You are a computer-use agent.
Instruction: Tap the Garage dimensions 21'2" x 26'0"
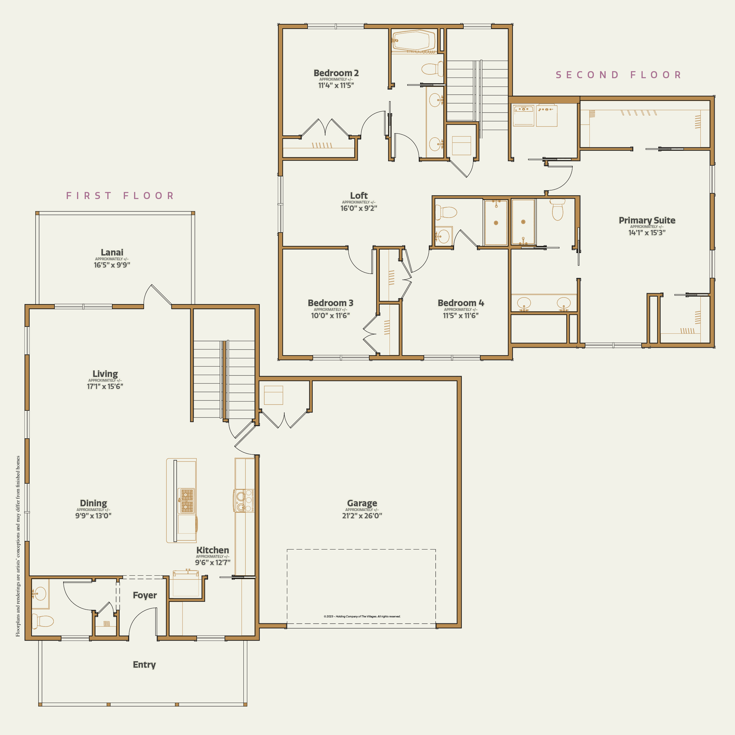coord(362,515)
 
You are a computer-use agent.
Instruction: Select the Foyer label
coord(145,595)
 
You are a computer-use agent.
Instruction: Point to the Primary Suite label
coord(647,220)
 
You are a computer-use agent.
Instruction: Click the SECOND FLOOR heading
coord(618,75)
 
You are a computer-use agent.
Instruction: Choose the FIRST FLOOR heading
coord(120,196)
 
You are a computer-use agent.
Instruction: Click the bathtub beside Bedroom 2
coord(414,40)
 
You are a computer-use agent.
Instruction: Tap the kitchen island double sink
coord(187,501)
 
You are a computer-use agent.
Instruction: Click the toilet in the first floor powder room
coord(43,621)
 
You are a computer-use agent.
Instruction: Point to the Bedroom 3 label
coord(330,303)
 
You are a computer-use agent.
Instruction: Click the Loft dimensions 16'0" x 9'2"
coord(358,208)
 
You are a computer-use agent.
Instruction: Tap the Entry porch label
coord(144,665)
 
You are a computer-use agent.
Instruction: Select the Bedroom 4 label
coord(461,303)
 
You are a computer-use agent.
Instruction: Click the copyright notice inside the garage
coord(362,616)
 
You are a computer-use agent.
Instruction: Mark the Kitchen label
coord(212,550)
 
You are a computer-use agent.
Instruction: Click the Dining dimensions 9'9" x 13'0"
coord(93,515)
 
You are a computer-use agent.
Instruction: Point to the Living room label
coord(105,374)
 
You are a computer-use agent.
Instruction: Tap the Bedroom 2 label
coord(336,73)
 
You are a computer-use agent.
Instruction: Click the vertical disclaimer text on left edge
coord(18,546)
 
